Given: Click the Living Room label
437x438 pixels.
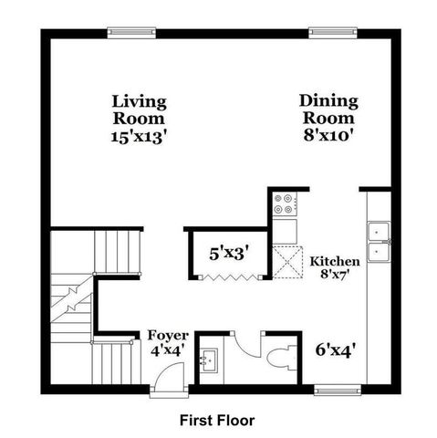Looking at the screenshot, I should tap(139, 109).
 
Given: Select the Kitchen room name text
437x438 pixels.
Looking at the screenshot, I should tap(335, 262).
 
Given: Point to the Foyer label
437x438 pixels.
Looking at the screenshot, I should tap(168, 336).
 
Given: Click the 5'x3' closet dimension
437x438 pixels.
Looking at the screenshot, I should tap(229, 252).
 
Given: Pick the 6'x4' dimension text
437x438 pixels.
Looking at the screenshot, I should tap(335, 348).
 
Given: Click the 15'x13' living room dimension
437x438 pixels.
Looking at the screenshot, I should tap(139, 136).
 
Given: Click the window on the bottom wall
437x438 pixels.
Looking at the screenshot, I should tap(338, 390).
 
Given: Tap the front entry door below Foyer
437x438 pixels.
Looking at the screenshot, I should tap(167, 383).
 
